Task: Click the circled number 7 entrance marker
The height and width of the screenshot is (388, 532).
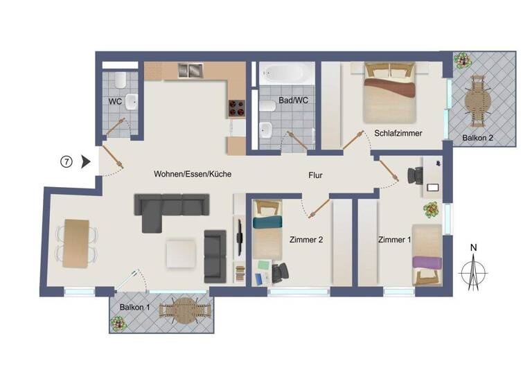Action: pos(66,162)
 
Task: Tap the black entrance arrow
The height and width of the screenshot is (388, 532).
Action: pos(86,162)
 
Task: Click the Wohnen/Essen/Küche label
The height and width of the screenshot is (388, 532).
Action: pos(193,175)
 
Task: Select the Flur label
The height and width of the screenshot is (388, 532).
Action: pos(315,175)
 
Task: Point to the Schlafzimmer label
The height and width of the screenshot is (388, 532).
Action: pos(398,133)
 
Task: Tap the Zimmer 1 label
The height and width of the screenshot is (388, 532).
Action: pos(395,240)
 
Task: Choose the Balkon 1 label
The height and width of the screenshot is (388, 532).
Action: pos(134,307)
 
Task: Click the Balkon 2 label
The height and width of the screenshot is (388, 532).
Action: pos(478,138)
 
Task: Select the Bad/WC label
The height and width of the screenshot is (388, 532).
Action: pos(293,102)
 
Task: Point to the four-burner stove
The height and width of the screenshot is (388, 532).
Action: pos(236,107)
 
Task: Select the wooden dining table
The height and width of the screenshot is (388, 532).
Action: pos(76,242)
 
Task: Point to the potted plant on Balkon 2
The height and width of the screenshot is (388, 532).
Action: pos(460,61)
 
